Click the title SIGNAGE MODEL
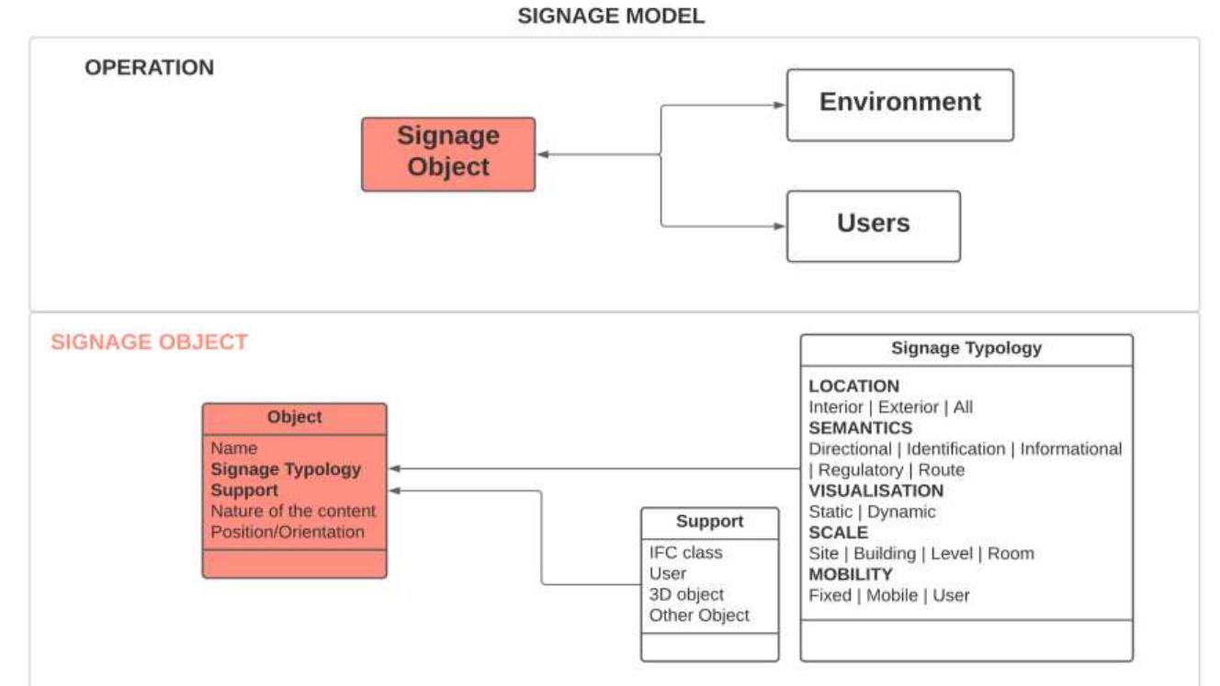point(611,17)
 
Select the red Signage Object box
point(447,152)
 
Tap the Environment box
point(899,103)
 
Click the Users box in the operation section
point(873,224)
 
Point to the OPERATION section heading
point(149,68)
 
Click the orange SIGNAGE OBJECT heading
point(149,343)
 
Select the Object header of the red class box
point(294,417)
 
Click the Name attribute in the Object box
point(234,448)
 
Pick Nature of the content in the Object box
point(293,511)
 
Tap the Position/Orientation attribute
point(288,532)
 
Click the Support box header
point(709,522)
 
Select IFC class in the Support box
point(685,553)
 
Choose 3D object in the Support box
point(686,594)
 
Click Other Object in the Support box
point(698,615)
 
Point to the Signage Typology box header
point(966,348)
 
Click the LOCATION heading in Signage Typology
point(853,386)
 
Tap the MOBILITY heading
point(850,574)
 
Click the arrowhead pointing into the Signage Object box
point(543,154)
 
